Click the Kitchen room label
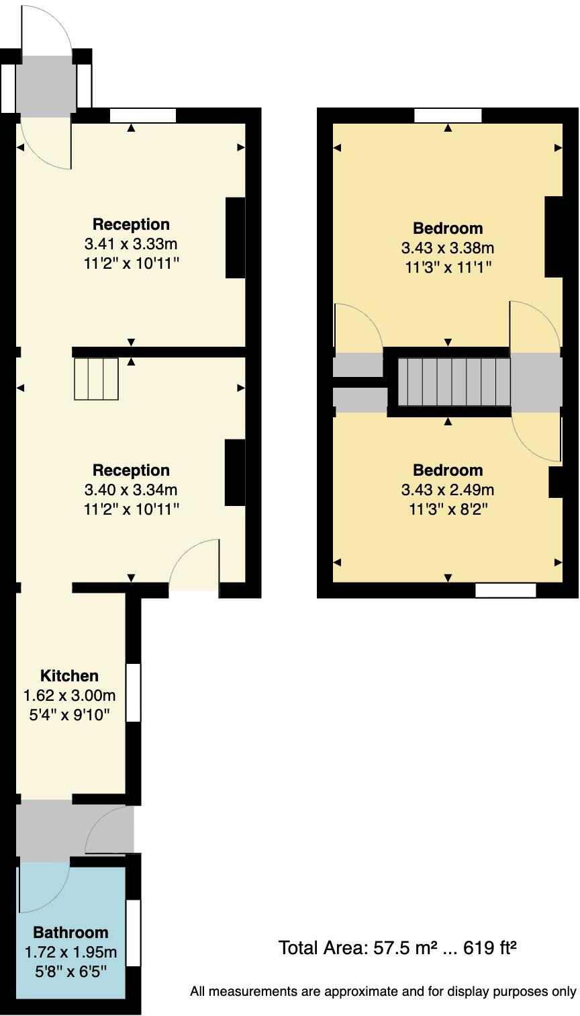coord(69,675)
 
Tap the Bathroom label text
coord(70,932)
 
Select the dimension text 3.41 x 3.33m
coord(131,243)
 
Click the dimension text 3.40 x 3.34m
coord(131,489)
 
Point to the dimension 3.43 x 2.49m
coord(447,489)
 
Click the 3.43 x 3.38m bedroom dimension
coord(447,247)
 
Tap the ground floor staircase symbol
coord(96,379)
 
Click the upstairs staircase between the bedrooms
coord(454,382)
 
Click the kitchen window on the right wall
coord(134,692)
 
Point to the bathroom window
coord(134,933)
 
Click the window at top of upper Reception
coord(142,116)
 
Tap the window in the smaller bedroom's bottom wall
coord(505,591)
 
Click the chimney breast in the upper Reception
coord(235,237)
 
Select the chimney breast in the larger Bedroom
coord(553,237)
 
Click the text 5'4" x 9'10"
coord(69,714)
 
